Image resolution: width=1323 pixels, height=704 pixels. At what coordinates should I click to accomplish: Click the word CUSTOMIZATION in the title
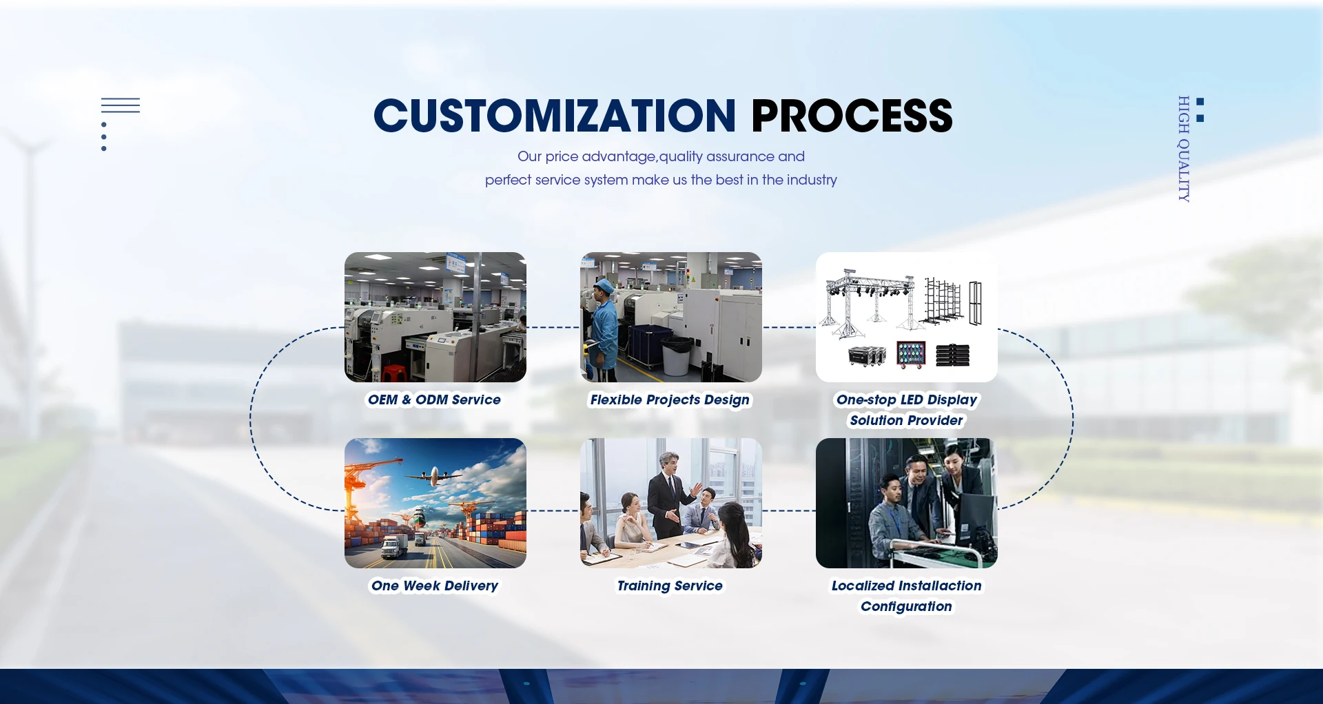(x=555, y=116)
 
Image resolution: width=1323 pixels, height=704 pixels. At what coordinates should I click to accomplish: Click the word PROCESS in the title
(x=852, y=116)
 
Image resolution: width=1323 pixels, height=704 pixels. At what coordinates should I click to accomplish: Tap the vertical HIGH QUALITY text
(x=1184, y=149)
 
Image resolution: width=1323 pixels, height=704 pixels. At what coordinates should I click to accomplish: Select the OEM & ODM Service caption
(x=434, y=400)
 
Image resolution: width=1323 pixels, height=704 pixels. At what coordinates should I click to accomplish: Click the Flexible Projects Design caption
(x=670, y=400)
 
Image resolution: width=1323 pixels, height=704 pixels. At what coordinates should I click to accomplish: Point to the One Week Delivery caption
(x=435, y=586)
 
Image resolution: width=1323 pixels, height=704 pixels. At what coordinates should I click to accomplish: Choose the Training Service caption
(x=670, y=586)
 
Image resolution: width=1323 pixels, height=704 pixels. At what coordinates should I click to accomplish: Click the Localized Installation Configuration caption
(x=906, y=596)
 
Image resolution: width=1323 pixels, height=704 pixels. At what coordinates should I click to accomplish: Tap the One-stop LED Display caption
(x=907, y=400)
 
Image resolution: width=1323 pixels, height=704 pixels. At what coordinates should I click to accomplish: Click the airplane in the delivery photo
(x=434, y=475)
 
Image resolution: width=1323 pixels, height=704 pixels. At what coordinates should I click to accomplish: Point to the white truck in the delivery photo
(x=394, y=546)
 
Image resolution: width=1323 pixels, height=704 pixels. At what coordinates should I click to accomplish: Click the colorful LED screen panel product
(x=910, y=354)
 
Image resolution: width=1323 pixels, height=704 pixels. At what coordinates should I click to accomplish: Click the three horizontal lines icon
(x=121, y=105)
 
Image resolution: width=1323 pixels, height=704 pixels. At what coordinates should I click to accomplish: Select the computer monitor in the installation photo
(x=976, y=517)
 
